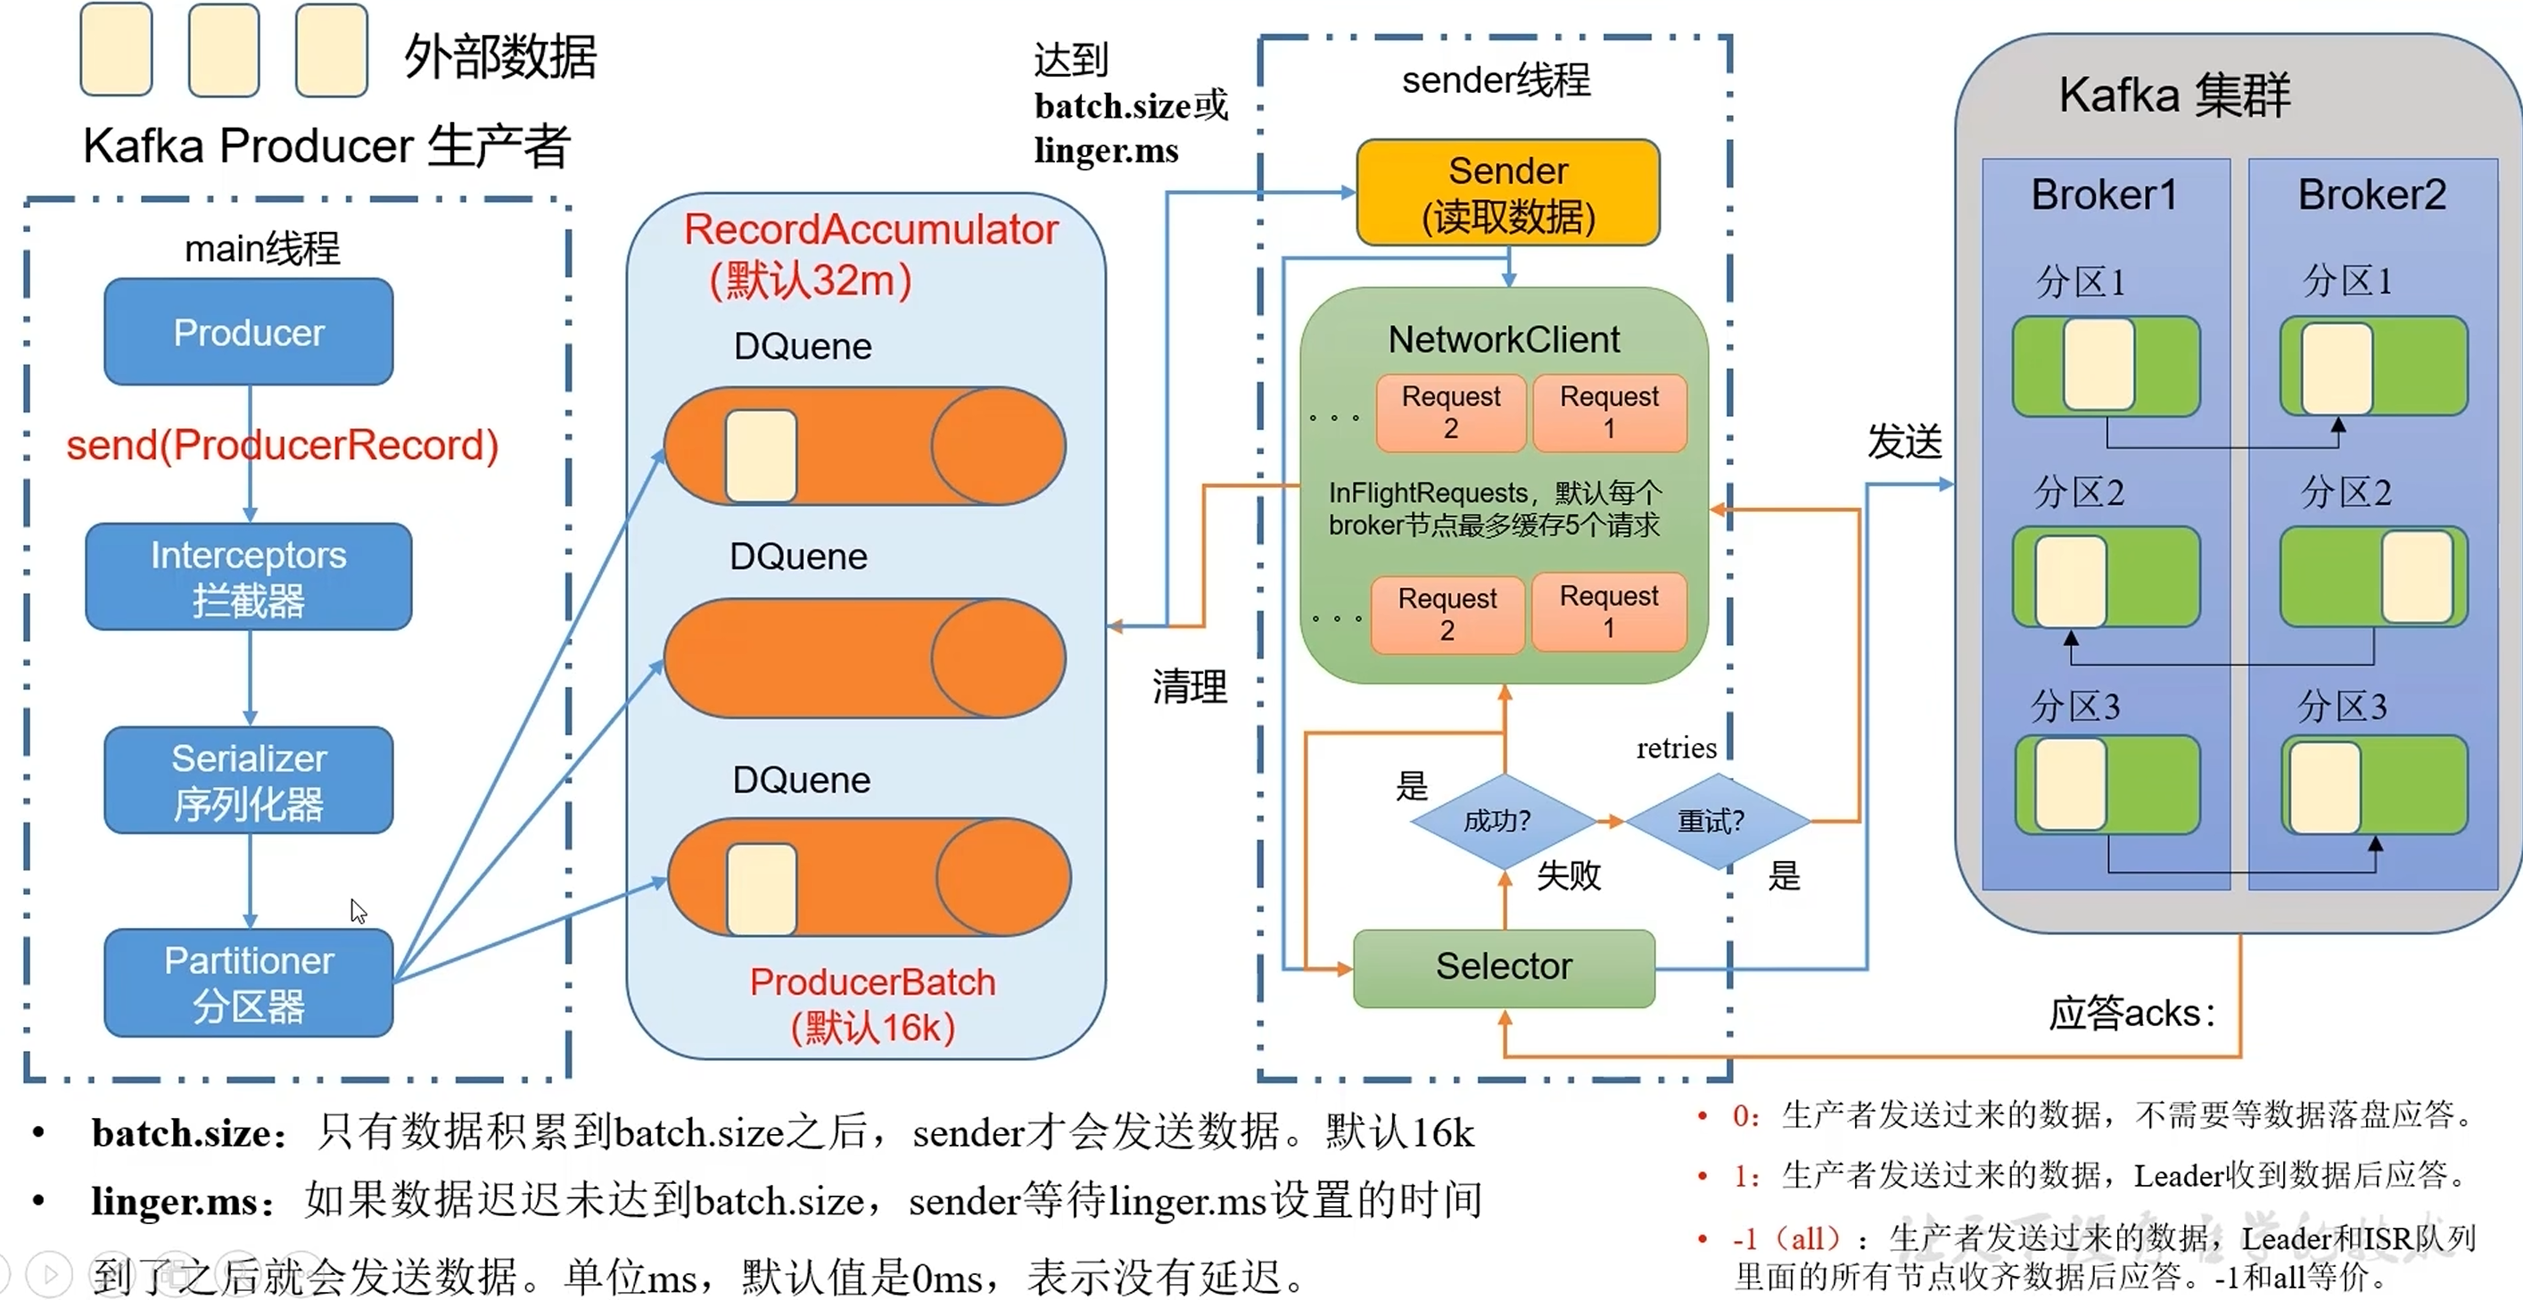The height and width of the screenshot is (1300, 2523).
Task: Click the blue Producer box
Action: pyautogui.click(x=249, y=332)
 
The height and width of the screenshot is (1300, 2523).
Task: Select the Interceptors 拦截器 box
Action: pyautogui.click(x=249, y=577)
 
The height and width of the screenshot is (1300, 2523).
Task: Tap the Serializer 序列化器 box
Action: pyautogui.click(x=249, y=780)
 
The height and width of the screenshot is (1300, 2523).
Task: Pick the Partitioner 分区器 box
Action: pyautogui.click(x=249, y=982)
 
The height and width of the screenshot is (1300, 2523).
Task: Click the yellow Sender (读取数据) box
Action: pyautogui.click(x=1507, y=193)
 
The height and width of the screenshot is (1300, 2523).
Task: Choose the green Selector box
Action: pyautogui.click(x=1504, y=967)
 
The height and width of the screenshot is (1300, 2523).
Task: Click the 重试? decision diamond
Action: pyautogui.click(x=1711, y=821)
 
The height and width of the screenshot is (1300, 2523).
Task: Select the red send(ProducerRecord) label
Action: pyautogui.click(x=282, y=446)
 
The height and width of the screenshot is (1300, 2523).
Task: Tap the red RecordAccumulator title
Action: pyautogui.click(x=870, y=230)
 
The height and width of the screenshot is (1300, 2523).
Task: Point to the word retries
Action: pyautogui.click(x=1676, y=749)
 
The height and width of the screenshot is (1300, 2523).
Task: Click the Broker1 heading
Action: pyautogui.click(x=2104, y=195)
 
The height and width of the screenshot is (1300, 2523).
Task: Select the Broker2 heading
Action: pyautogui.click(x=2371, y=195)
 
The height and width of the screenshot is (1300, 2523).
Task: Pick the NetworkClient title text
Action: pyautogui.click(x=1504, y=340)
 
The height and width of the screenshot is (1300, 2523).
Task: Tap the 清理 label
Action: pyautogui.click(x=1189, y=686)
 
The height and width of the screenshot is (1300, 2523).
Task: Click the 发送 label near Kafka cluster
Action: pyautogui.click(x=1904, y=442)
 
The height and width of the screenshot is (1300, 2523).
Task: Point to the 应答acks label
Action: pyautogui.click(x=2131, y=1013)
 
